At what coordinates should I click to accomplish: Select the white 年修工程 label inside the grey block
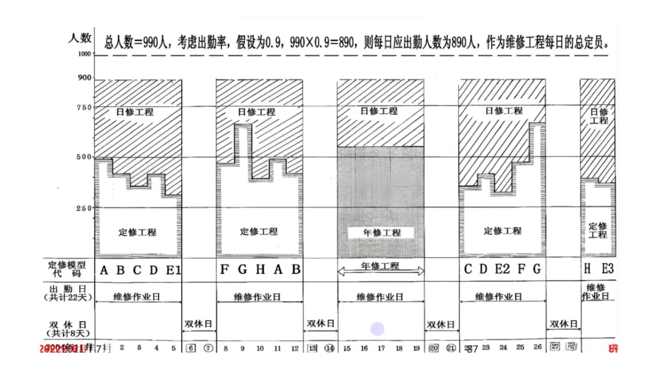tap(381, 232)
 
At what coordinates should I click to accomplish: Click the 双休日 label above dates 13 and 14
tap(320, 324)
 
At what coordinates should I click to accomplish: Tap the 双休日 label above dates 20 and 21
tap(442, 325)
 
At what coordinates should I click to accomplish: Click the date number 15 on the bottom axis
tap(347, 348)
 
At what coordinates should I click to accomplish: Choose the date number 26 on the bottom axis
tap(538, 348)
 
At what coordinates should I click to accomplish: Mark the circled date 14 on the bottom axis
tap(329, 348)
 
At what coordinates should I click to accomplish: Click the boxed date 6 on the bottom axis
tap(190, 348)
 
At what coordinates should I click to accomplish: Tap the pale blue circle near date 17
tap(378, 330)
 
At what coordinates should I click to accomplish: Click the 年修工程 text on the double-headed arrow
tap(381, 266)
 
